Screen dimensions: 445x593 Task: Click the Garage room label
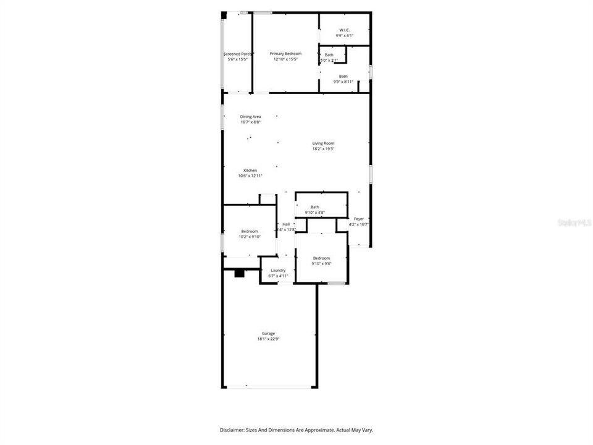coord(267,333)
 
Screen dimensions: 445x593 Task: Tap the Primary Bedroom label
coord(285,54)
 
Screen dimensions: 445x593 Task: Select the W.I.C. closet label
coord(344,30)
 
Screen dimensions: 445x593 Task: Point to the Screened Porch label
coord(238,54)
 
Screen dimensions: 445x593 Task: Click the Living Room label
coord(323,143)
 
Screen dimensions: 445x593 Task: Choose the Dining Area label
coord(250,116)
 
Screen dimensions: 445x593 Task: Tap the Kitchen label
coord(250,171)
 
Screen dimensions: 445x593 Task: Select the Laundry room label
coord(278,270)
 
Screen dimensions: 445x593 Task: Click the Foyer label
coord(358,219)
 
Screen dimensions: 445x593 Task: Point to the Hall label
coord(286,224)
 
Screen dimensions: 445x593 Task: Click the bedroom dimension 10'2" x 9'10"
coord(250,237)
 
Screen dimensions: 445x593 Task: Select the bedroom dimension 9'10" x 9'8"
coord(321,263)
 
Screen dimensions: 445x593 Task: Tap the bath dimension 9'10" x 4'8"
coord(315,213)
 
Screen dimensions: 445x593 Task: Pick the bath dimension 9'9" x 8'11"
coord(343,82)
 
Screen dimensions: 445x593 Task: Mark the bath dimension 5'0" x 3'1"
coord(329,60)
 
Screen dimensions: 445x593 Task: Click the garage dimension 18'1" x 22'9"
coord(267,339)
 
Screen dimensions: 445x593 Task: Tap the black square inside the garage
coord(240,273)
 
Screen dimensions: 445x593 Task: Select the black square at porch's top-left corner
coord(224,14)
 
